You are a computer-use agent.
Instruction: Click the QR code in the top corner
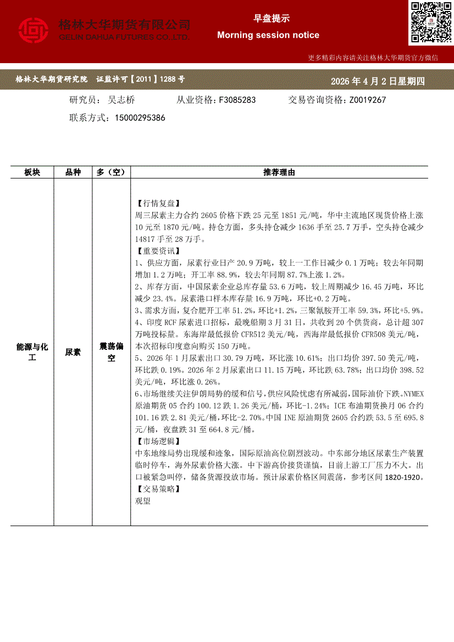(430, 23)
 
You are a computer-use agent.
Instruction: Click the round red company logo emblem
(34, 31)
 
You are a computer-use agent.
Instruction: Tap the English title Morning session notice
(268, 35)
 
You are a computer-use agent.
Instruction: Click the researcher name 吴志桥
(121, 100)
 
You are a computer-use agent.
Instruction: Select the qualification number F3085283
(237, 100)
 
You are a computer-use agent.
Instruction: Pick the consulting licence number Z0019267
(364, 100)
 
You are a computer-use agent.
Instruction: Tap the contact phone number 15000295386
(141, 118)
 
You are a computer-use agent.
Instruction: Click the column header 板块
(32, 172)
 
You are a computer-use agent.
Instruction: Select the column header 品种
(73, 172)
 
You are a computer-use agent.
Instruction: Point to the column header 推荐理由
(279, 172)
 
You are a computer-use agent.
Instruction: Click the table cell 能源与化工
(32, 352)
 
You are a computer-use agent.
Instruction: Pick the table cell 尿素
(73, 352)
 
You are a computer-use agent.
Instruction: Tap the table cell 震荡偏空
(111, 352)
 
